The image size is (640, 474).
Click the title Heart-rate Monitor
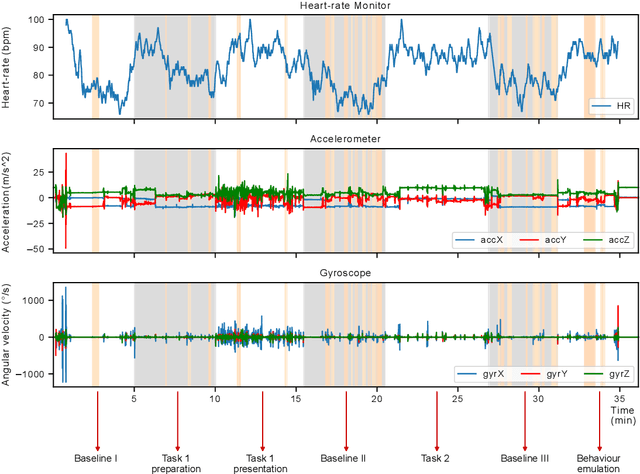pyautogui.click(x=345, y=7)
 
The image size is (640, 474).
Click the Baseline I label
pyautogui.click(x=97, y=458)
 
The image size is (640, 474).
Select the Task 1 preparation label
pyautogui.click(x=177, y=463)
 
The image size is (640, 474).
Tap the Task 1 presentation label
pyautogui.click(x=262, y=463)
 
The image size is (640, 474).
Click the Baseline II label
pyautogui.click(x=344, y=458)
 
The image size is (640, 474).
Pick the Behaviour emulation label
pyautogui.click(x=600, y=463)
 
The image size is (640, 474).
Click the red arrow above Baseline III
pyautogui.click(x=527, y=420)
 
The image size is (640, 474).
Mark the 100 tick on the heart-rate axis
pyautogui.click(x=38, y=20)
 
